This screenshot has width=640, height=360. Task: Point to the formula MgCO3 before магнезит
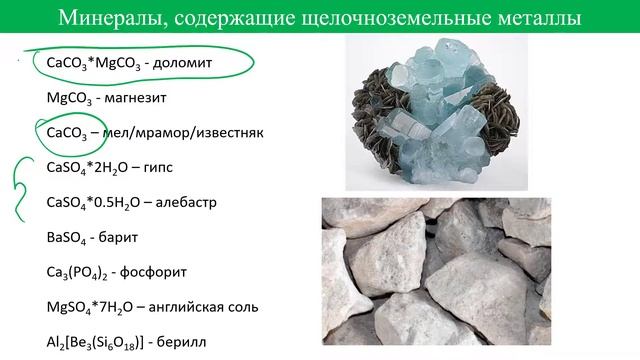[68, 99]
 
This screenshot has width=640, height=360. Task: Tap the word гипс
[162, 167]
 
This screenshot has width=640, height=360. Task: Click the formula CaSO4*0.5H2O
[93, 202]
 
